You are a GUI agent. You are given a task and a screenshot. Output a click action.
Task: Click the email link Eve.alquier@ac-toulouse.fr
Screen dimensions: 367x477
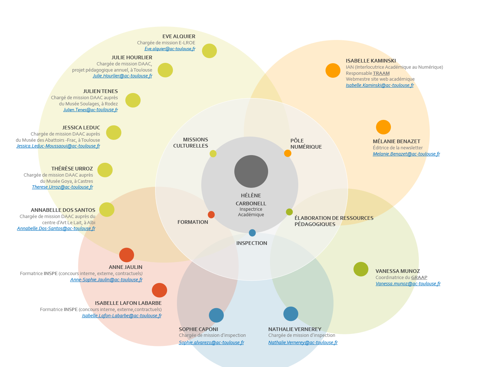[170, 49]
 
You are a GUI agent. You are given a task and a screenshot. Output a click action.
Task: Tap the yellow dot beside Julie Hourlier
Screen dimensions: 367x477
[165, 70]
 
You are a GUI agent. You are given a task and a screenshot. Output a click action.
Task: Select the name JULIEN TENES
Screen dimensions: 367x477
[100, 91]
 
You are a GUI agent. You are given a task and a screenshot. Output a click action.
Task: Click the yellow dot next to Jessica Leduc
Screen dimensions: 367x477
[114, 133]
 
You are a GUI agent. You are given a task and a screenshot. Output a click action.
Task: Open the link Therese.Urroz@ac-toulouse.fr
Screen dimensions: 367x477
[62, 187]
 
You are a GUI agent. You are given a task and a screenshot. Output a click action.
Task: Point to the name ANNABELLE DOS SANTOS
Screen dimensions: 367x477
[63, 210]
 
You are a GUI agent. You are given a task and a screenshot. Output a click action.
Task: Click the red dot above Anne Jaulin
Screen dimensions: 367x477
[126, 255]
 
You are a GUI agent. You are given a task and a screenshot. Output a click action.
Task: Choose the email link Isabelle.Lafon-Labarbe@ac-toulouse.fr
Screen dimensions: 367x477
[122, 316]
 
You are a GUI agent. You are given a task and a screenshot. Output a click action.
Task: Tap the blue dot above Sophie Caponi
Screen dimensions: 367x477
[216, 315]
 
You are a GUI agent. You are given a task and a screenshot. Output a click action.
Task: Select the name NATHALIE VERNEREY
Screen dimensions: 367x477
[295, 329]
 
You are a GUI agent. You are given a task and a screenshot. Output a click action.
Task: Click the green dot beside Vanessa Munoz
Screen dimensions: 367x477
[361, 269]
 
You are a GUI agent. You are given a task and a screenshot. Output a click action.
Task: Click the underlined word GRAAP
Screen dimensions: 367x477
[419, 278]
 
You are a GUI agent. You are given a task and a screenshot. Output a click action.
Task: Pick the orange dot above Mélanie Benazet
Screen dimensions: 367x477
[383, 127]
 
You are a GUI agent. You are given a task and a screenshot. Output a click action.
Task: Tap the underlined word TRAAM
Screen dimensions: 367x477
[381, 73]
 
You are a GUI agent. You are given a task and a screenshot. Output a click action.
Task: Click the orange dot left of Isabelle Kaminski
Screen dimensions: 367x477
[333, 70]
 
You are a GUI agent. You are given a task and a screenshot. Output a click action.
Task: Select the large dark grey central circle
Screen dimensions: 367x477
[251, 172]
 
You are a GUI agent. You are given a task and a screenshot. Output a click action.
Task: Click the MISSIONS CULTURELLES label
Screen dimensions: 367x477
[191, 143]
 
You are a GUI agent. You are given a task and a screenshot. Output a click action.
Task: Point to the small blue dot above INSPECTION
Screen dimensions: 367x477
[252, 233]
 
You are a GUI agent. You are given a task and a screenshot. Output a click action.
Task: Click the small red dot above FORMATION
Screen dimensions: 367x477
[211, 215]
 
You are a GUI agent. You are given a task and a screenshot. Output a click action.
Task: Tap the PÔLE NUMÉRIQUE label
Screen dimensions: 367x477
[306, 144]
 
